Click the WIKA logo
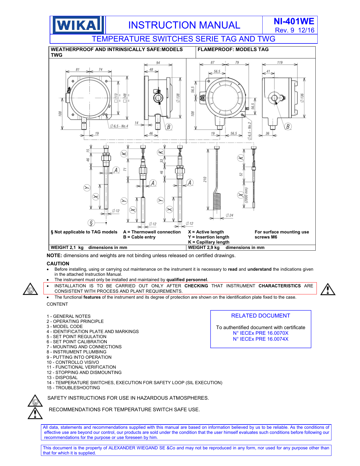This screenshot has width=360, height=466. pos(77,25)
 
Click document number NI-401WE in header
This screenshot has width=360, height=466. pos(294,21)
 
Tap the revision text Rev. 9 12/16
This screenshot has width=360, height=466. pos(294,30)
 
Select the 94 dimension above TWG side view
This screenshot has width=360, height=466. pos(158,63)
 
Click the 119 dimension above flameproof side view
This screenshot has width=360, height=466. pos(280,62)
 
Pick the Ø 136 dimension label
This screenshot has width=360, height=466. pos(302,98)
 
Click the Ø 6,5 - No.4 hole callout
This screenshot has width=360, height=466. pos(119,126)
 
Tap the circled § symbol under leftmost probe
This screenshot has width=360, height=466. pos(91,223)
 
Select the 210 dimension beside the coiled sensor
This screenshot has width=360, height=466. pos(205,179)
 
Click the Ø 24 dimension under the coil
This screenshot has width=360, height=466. pos(230,215)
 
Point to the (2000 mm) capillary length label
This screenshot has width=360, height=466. pos(246,195)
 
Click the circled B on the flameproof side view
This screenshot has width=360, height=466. pos(288,126)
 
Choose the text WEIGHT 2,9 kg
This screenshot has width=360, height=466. pos(204,248)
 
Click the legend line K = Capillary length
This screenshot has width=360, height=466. pos(209,242)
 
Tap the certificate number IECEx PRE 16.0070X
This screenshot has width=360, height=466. pos(261,333)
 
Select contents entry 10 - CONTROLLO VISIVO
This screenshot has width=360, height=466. pos(73,362)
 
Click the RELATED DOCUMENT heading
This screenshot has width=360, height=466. pos(260,316)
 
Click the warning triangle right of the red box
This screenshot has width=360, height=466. pos(328,290)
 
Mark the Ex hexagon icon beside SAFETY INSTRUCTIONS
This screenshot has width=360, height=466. pos(35,401)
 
